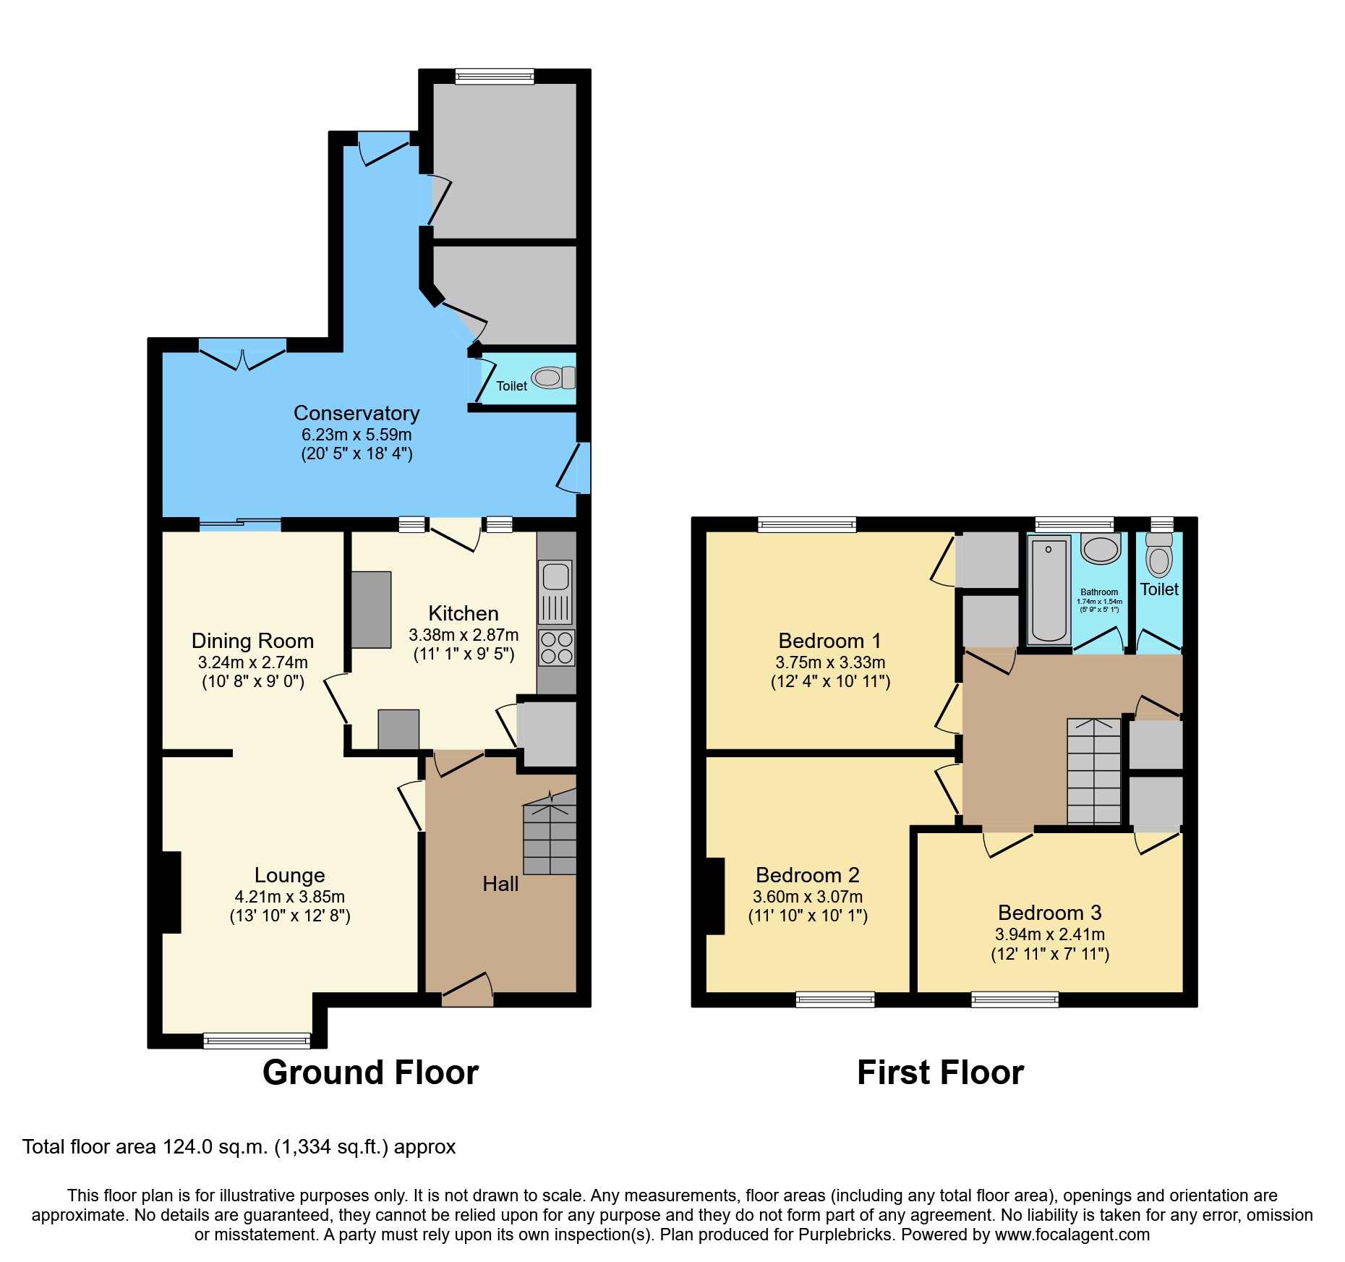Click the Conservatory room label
point(356,413)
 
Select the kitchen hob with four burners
point(556,648)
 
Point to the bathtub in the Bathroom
point(1049,590)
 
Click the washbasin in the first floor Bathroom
point(1101,550)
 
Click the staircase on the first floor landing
point(1093,772)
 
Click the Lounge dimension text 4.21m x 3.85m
point(290,897)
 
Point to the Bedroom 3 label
point(1049,913)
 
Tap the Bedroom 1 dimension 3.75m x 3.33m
point(830,662)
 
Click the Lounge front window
point(257,1041)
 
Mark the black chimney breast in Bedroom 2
point(714,896)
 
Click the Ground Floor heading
point(370,1073)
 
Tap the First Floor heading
point(940,1073)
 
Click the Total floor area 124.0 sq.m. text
point(239,1147)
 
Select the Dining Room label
point(252,641)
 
